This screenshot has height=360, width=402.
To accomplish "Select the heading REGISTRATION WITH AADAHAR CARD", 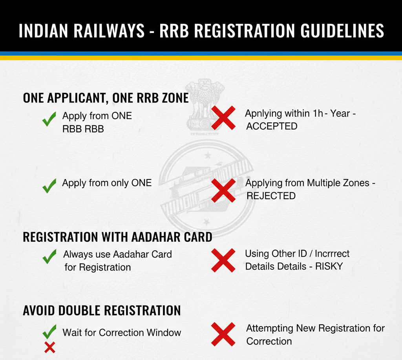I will pos(117,237).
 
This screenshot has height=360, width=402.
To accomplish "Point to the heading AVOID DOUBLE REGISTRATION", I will pos(102,311).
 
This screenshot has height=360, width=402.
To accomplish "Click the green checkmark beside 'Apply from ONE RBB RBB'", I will pos(49,119).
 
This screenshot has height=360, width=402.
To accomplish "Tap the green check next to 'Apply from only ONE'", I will pos(49,185).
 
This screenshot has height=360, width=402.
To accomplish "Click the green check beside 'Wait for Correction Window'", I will pos(49,332).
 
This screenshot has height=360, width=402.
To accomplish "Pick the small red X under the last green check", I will pos(49,347).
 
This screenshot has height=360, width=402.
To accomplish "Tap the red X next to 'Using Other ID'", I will pos(223,260).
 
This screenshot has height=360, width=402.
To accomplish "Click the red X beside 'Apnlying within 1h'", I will pos(223,118).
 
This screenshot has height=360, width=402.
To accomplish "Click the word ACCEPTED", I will pos(272,126).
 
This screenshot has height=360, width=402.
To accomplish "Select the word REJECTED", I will pos(271,196).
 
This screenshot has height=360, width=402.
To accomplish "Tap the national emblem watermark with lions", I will pos(200,104).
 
